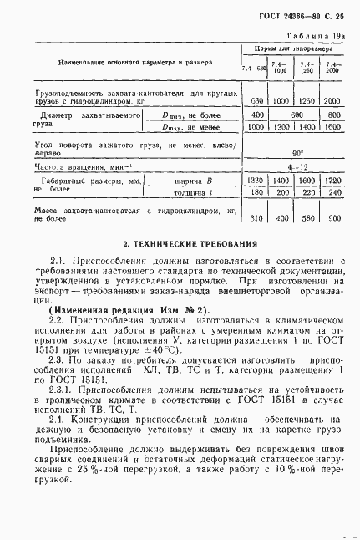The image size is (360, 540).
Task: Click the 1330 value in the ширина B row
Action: [x=257, y=180]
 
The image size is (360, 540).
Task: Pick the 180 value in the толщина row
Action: [x=257, y=193]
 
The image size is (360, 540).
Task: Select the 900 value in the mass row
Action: [x=335, y=219]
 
